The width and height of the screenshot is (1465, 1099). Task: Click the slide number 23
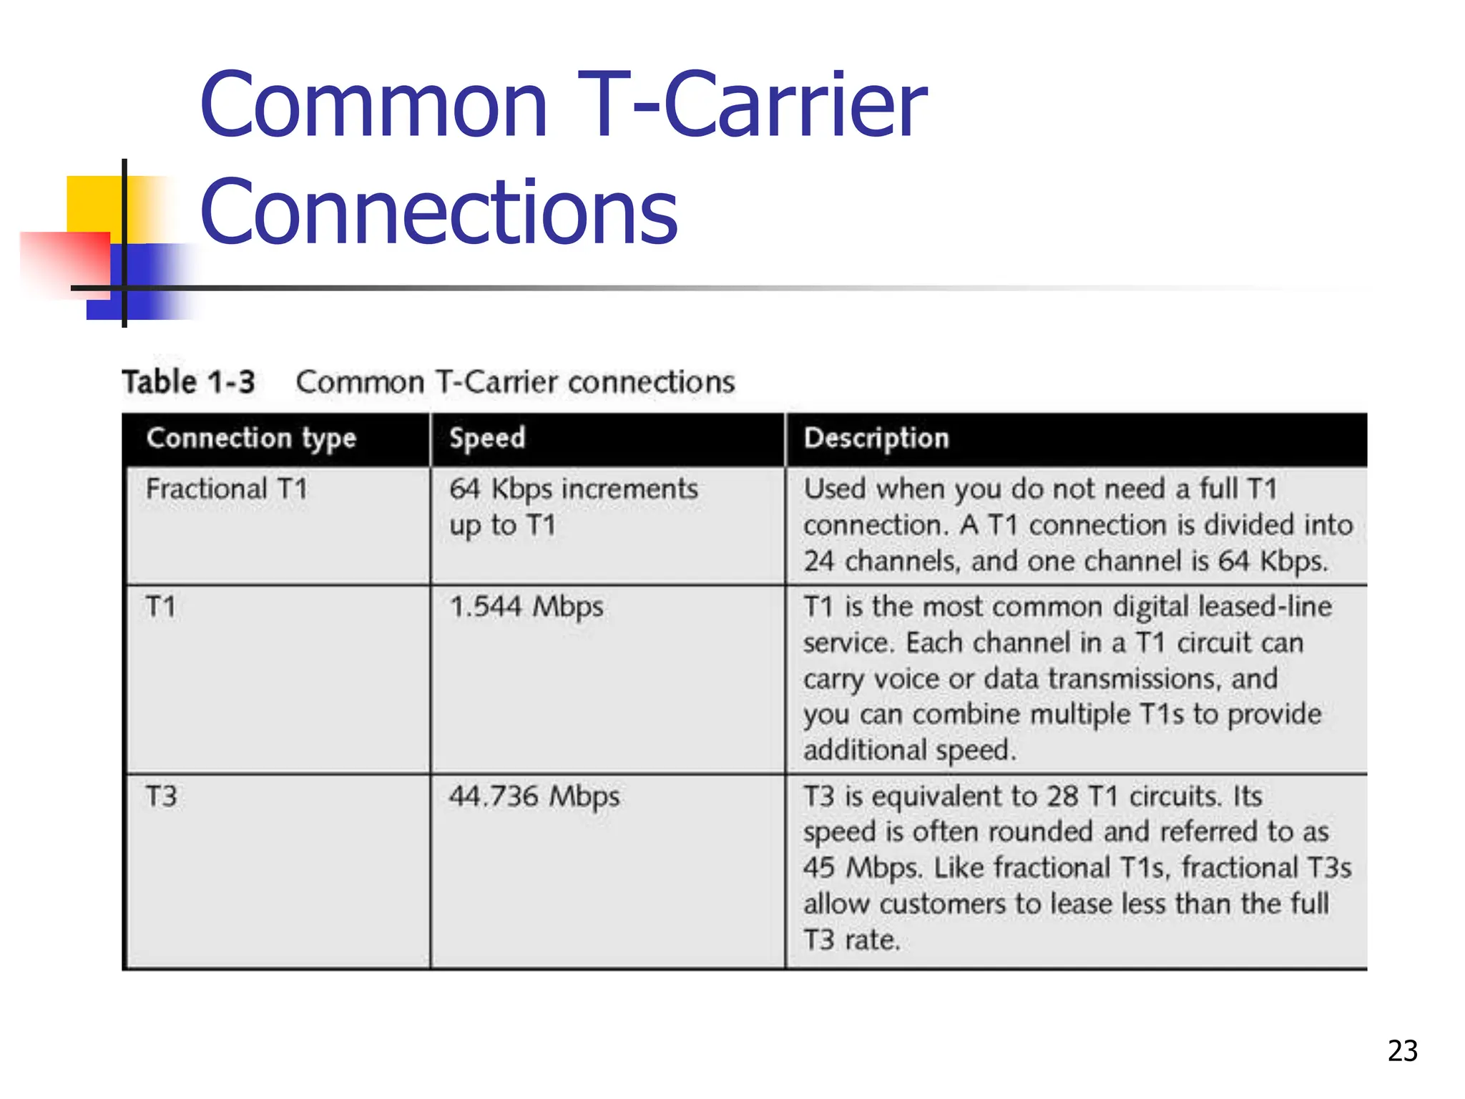(1402, 1050)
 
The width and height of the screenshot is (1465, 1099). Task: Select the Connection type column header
(251, 438)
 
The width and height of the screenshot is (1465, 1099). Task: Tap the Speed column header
(487, 438)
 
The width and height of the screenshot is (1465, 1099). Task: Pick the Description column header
(876, 438)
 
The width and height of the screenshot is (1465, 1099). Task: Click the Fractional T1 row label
(227, 489)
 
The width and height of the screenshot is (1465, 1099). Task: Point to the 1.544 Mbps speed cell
(526, 607)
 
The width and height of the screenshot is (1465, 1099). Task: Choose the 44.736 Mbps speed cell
(534, 796)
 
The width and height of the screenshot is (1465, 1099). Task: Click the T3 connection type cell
(162, 796)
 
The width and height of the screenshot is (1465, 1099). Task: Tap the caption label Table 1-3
(189, 382)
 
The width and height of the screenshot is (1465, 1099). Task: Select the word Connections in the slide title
(438, 212)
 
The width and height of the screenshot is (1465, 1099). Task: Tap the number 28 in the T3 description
(1062, 796)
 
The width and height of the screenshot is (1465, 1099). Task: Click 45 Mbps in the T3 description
(862, 868)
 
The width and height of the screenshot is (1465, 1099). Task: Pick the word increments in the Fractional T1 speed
(629, 489)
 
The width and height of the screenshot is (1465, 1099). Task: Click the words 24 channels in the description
(881, 561)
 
